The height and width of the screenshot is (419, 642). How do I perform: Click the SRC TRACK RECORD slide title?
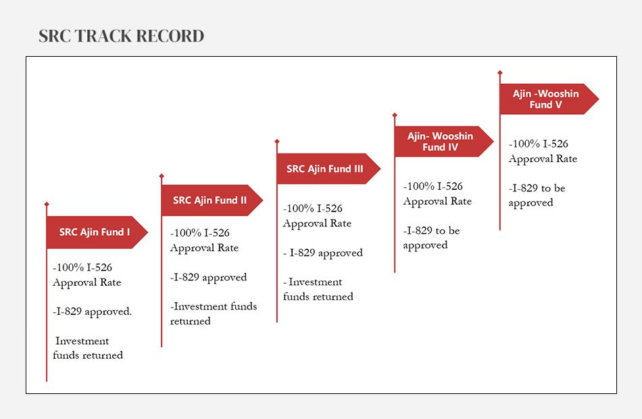pyautogui.click(x=121, y=36)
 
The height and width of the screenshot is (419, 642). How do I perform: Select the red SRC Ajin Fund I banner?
pyautogui.click(x=97, y=232)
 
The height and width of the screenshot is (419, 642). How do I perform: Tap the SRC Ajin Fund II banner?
pyautogui.click(x=212, y=200)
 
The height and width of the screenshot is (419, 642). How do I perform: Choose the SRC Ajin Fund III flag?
pyautogui.click(x=329, y=169)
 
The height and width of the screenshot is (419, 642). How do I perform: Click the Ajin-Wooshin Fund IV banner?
pyautogui.click(x=444, y=141)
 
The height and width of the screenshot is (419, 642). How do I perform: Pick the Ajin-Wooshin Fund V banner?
pyautogui.click(x=549, y=99)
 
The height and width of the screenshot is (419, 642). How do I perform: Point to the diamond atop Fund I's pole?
pyautogui.click(x=47, y=204)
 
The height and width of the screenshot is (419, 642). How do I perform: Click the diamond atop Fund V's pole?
pyautogui.click(x=500, y=72)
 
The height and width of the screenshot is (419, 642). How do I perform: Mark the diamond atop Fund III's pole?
pyautogui.click(x=277, y=141)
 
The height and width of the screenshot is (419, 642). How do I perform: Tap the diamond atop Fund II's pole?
pyautogui.click(x=162, y=176)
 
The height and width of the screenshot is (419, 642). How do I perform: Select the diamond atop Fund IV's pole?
pyautogui.click(x=395, y=115)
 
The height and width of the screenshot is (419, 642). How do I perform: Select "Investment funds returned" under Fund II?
pyautogui.click(x=214, y=314)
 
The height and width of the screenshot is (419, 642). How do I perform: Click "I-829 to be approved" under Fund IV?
pyautogui.click(x=431, y=238)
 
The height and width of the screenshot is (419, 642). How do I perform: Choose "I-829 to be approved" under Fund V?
pyautogui.click(x=537, y=195)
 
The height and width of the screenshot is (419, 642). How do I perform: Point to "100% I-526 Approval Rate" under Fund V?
pyautogui.click(x=543, y=151)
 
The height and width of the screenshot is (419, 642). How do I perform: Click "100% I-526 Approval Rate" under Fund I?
pyautogui.click(x=87, y=275)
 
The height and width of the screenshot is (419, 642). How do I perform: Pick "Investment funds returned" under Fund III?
pyautogui.click(x=318, y=289)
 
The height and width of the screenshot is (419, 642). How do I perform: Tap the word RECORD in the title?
pyautogui.click(x=170, y=36)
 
